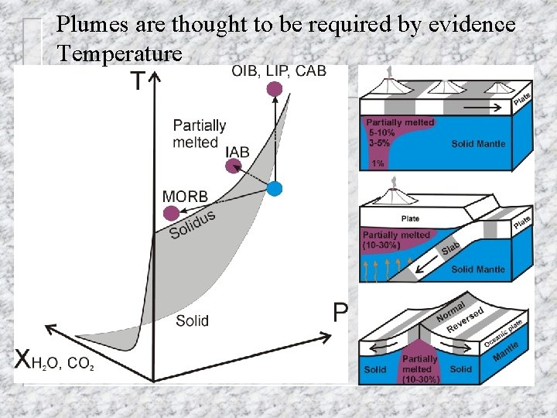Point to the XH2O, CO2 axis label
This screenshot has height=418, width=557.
[54, 360]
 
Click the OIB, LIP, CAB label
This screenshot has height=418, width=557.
[278, 71]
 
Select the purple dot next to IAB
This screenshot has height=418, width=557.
[233, 169]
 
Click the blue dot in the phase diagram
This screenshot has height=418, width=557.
[275, 187]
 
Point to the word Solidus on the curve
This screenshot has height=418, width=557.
[192, 224]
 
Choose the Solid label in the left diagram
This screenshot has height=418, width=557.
[192, 320]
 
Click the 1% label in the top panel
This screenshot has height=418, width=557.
[378, 163]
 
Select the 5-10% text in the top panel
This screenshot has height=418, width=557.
[381, 132]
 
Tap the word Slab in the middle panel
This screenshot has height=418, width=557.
[451, 250]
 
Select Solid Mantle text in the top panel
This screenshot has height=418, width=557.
[477, 144]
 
